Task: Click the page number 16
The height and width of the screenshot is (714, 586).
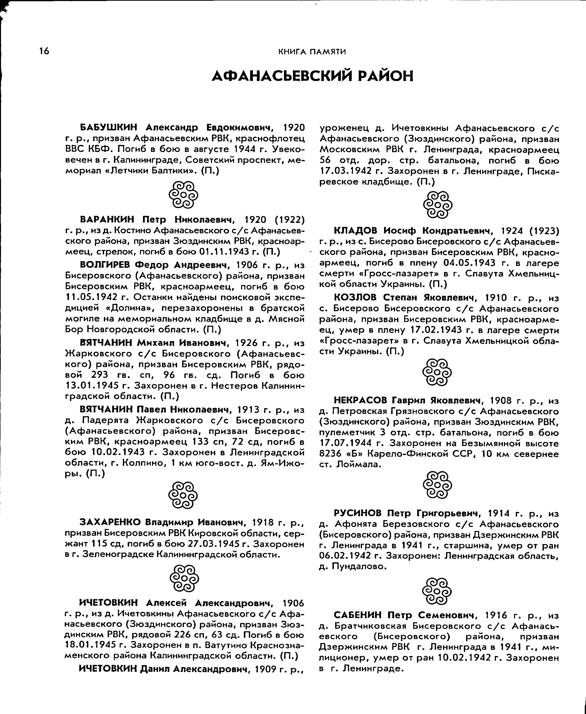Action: (x=44, y=51)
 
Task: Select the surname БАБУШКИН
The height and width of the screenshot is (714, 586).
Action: (x=109, y=128)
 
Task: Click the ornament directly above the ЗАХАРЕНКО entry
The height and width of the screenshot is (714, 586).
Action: (x=183, y=495)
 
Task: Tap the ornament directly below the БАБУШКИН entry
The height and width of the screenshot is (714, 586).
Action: (x=183, y=195)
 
